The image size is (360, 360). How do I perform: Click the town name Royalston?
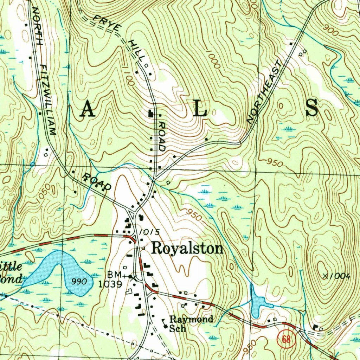[187, 249]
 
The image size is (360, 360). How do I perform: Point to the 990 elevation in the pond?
[78, 281]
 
